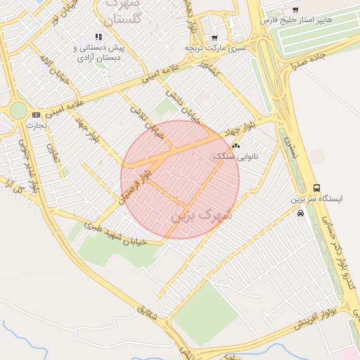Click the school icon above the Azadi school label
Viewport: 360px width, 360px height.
click(98, 37)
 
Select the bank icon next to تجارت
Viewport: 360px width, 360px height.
click(36, 115)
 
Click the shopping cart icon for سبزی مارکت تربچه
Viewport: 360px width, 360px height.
click(214, 37)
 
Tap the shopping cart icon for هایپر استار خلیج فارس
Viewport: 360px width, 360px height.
click(295, 10)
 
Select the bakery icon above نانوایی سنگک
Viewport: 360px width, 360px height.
click(235, 146)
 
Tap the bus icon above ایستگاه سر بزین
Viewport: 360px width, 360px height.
click(317, 188)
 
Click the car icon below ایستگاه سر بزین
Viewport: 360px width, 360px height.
click(301, 213)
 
